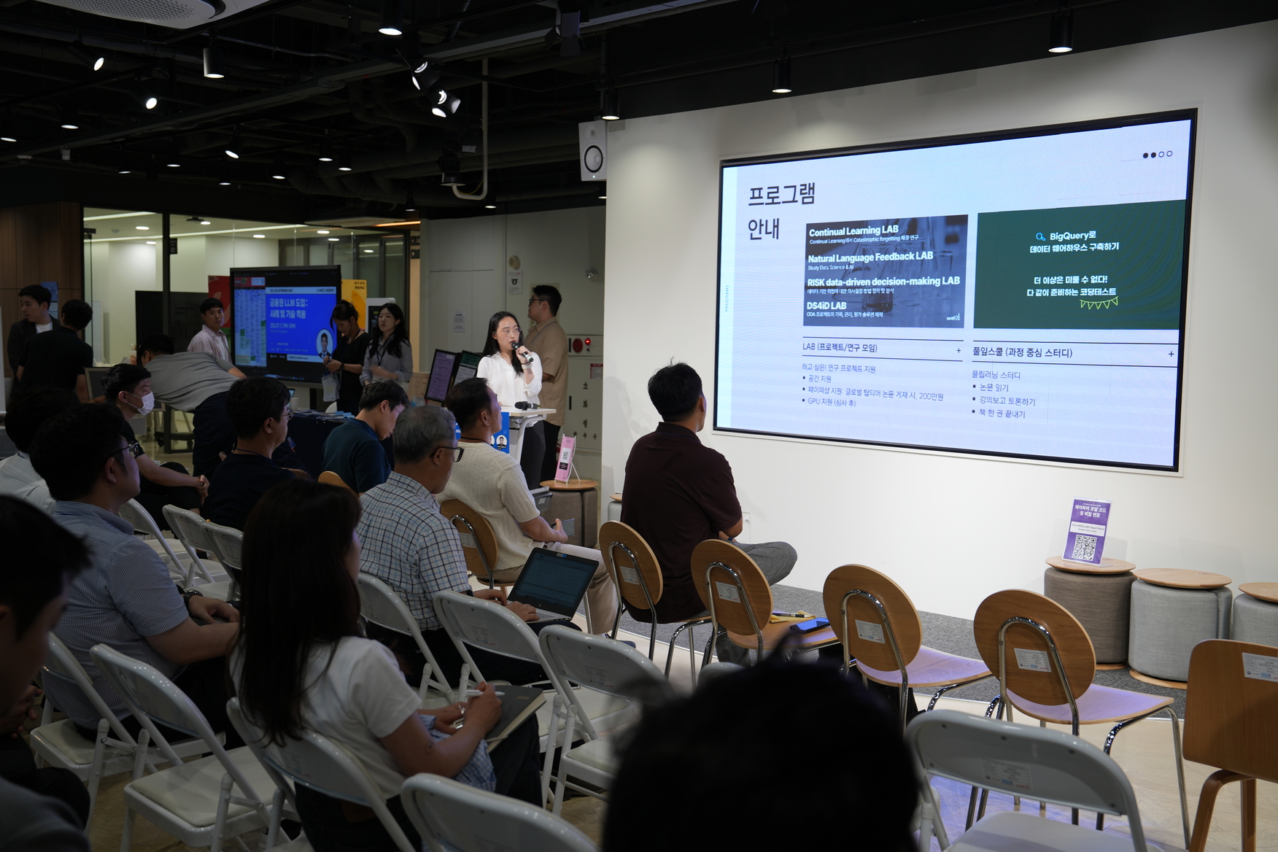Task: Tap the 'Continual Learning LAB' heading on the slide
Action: [x=853, y=231]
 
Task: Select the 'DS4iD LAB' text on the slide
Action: [x=826, y=306]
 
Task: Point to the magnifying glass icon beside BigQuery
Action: [x=1040, y=236]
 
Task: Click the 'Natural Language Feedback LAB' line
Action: [x=870, y=257]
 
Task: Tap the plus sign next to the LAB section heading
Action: [x=958, y=351]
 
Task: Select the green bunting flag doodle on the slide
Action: [x=1098, y=302]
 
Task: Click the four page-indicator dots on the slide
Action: [x=1157, y=155]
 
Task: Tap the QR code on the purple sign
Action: [x=1085, y=547]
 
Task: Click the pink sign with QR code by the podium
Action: [x=565, y=459]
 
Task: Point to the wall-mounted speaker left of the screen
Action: [x=592, y=151]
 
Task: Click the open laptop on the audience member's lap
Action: [x=551, y=584]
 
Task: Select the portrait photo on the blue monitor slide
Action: [x=324, y=344]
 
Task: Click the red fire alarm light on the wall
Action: [x=576, y=343]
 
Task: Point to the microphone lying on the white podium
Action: [x=525, y=405]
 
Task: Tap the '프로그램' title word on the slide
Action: [x=781, y=195]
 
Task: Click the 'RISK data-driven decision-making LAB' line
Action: [x=883, y=281]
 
